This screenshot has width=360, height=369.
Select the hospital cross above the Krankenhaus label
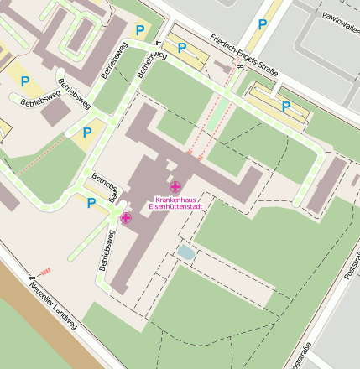coord(175,186)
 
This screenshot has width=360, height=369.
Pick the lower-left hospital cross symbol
coord(126,218)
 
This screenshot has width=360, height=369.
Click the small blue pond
coord(185,252)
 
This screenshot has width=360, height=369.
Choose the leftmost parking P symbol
coord(24,81)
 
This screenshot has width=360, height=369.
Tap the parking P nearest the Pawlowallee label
coord(262,24)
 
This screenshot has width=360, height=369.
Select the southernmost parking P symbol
coord(91,202)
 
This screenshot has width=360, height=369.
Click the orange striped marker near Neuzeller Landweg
coord(45,270)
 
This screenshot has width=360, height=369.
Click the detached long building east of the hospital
coord(326,184)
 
